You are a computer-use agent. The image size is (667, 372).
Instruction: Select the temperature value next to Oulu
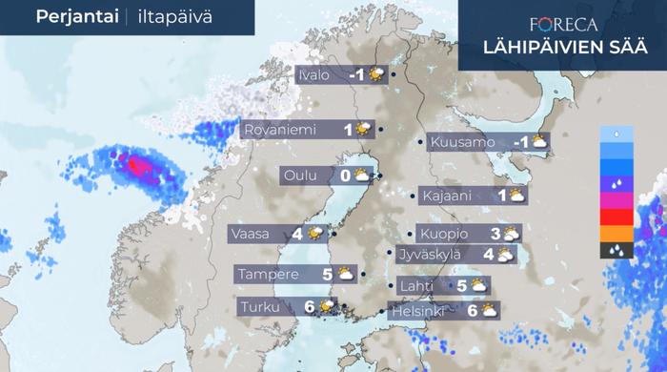tap(345, 176)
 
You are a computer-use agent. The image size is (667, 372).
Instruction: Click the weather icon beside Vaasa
tap(314, 233)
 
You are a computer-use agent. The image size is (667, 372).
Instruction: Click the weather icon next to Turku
tap(328, 306)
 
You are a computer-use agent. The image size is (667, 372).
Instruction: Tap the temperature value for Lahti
tap(461, 285)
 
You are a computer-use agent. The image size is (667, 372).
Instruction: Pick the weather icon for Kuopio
tap(511, 233)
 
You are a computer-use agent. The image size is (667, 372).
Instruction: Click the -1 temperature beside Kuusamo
tap(520, 142)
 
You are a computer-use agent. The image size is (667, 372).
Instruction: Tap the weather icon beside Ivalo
tap(377, 74)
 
